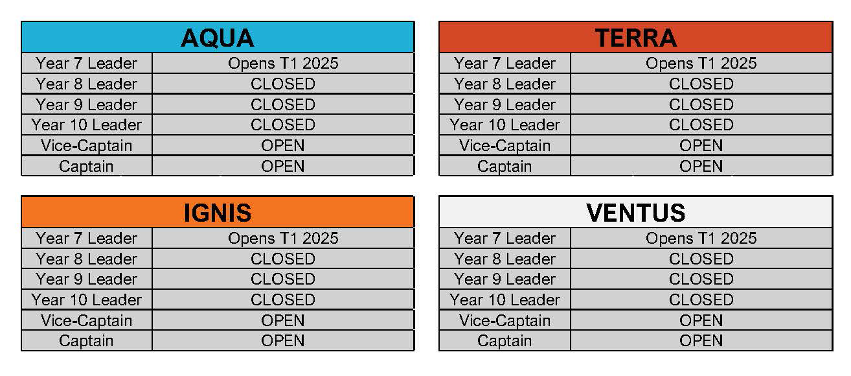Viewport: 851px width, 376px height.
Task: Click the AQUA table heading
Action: pos(218,38)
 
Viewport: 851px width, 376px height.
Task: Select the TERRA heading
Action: pos(635,38)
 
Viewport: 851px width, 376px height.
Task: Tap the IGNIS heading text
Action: pos(218,213)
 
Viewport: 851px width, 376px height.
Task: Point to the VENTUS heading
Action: pos(635,213)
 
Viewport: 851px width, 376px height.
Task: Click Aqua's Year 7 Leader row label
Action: pos(87,64)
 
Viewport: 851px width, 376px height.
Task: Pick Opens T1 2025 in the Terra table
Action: pos(701,64)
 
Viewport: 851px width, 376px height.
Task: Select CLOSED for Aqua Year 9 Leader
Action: pos(283,104)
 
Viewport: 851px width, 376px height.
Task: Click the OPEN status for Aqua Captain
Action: pos(283,166)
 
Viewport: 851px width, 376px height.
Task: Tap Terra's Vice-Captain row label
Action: pos(505,146)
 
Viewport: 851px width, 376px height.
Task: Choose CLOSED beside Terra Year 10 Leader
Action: pos(701,125)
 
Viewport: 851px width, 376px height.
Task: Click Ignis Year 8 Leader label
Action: pos(87,259)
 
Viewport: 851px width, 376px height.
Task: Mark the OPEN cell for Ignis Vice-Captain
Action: pos(283,320)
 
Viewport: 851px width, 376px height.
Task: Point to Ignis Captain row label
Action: pos(86,340)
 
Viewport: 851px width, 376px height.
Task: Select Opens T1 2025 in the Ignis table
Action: pos(283,239)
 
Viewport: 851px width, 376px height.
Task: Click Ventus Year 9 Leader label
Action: pos(505,279)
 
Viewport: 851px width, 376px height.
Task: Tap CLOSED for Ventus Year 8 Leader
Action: pos(701,259)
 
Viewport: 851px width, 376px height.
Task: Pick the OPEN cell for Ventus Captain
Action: pos(701,340)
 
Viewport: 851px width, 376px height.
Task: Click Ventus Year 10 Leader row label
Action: pos(505,300)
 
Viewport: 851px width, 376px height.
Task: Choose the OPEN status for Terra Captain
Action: pos(701,166)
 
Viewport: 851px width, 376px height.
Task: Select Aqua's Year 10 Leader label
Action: pos(87,125)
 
